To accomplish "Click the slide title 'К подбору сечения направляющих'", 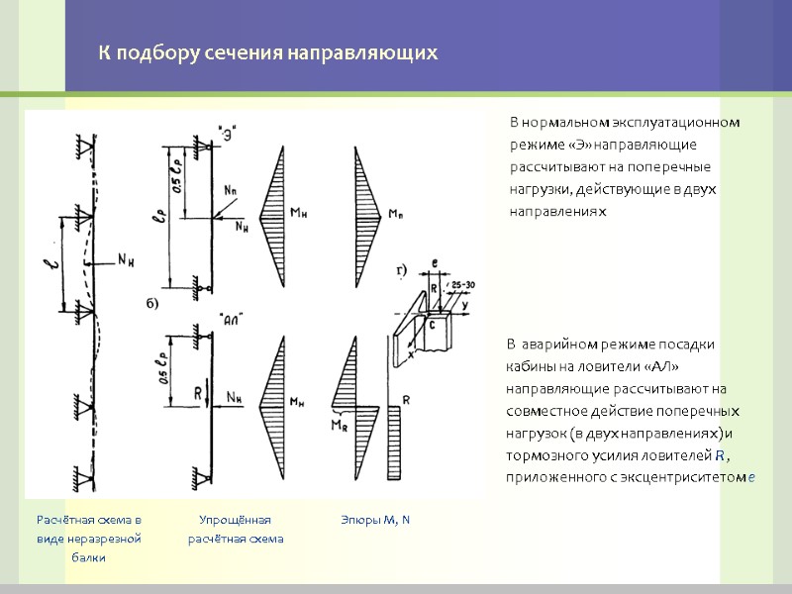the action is point(266,52).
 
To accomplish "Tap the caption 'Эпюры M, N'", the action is point(375,520).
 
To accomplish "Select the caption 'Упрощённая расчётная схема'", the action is point(236,529).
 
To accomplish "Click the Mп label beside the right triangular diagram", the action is point(395,214).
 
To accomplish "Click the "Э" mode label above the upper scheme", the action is point(228,129).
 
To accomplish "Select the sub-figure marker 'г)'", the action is point(402,269).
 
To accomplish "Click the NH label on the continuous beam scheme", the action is point(125,260).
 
